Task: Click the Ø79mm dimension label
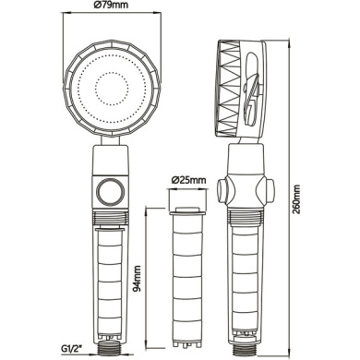pos(112,6)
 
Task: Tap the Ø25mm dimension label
pos(188,180)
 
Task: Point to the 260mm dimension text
pos(296,199)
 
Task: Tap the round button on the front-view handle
pos(111,193)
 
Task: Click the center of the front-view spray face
pos(112,89)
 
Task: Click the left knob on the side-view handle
pos(223,190)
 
